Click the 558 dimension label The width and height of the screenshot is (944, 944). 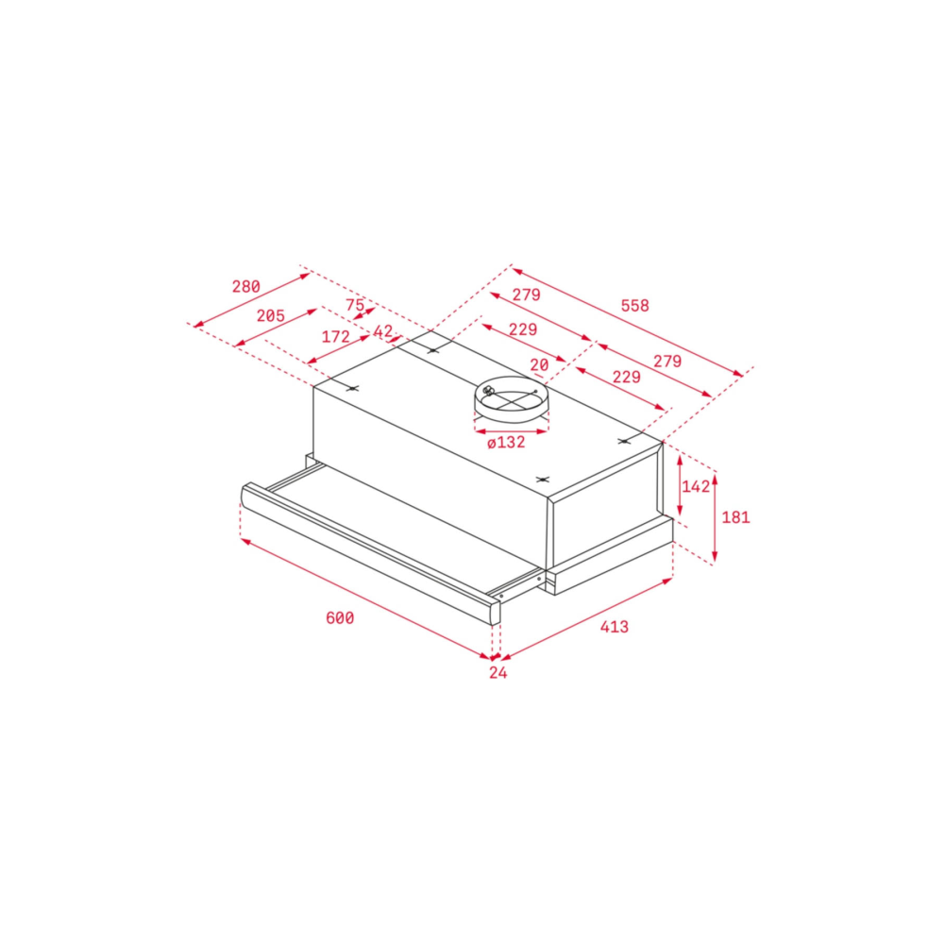coord(635,306)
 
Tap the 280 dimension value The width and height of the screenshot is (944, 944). coord(246,287)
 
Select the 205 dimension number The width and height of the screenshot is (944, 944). coord(270,315)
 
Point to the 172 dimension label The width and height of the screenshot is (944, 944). coord(335,337)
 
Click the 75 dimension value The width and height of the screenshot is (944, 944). coord(355,305)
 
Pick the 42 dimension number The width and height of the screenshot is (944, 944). coord(383,331)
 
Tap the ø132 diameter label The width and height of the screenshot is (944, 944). coord(506,443)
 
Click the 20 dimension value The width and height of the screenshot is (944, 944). coord(539,364)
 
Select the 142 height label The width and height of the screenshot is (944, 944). coord(696,486)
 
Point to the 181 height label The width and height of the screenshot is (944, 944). coord(735,517)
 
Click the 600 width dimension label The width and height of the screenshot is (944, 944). coord(340,618)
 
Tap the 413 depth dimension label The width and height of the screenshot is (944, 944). coord(615,627)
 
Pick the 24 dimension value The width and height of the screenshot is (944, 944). coord(497,672)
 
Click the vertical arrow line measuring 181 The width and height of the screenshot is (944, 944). coord(715,518)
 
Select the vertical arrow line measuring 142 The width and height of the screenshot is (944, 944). coord(680,486)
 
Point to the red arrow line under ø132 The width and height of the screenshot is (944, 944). coord(511,431)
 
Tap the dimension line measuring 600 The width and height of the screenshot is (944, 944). coord(366,598)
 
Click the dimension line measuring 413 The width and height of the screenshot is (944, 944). coord(586,619)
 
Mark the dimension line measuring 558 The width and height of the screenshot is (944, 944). coord(628,323)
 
